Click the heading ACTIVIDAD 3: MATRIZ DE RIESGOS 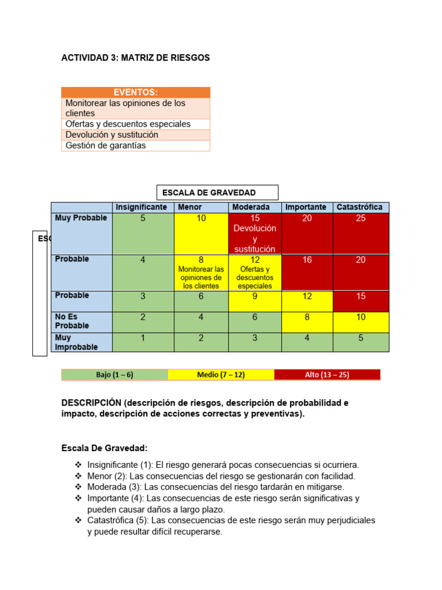click(x=135, y=58)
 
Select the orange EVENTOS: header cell click(x=135, y=92)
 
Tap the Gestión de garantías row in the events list click(x=135, y=145)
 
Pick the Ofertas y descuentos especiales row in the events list click(x=135, y=124)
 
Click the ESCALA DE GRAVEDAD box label click(x=217, y=192)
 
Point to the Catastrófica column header click(x=361, y=207)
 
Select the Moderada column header click(x=255, y=207)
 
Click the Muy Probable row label click(x=81, y=218)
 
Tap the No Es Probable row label click(x=81, y=322)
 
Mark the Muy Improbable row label click(x=81, y=342)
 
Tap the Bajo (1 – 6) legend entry click(x=115, y=375)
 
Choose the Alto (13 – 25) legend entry click(x=327, y=375)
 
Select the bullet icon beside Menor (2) click(x=78, y=476)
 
